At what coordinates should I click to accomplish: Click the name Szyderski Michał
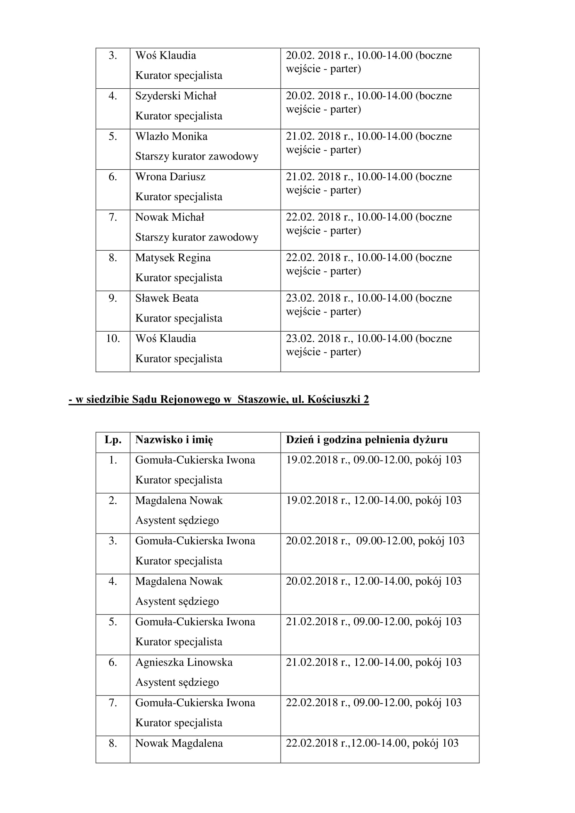176,96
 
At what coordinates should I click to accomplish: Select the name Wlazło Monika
171,136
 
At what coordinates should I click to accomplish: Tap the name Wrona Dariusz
170,177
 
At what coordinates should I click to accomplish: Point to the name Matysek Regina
173,258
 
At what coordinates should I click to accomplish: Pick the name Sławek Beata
167,298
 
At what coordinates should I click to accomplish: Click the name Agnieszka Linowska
184,662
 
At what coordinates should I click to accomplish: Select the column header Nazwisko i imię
174,440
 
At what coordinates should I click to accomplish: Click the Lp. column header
113,440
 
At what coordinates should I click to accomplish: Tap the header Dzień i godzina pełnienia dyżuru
367,440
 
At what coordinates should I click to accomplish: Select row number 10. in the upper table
113,339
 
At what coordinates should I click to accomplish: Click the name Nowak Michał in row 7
170,217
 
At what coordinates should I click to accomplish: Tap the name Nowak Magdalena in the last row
179,743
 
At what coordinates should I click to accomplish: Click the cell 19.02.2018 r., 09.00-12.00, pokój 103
373,460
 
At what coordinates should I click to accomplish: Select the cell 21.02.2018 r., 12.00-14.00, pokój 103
373,662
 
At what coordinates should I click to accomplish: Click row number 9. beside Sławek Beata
113,298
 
